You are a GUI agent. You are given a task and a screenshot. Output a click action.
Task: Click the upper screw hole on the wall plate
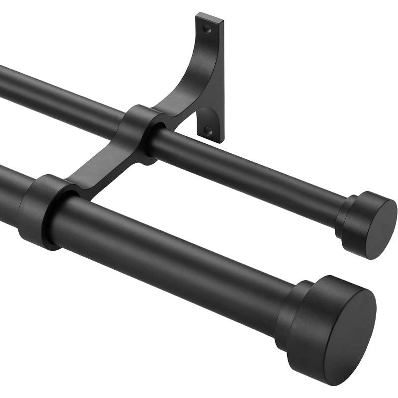[x=207, y=30]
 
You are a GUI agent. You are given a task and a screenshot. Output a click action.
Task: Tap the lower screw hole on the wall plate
[x=207, y=130]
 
